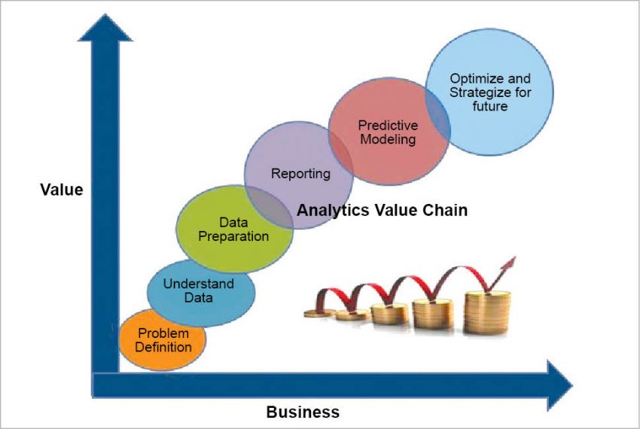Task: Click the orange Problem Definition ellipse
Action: pyautogui.click(x=162, y=340)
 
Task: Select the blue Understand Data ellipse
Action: pyautogui.click(x=200, y=291)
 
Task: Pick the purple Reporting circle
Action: pyautogui.click(x=300, y=174)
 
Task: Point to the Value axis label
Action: pyautogui.click(x=61, y=190)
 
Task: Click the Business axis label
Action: pyautogui.click(x=303, y=412)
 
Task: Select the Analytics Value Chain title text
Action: pyautogui.click(x=382, y=210)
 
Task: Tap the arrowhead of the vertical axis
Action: pyautogui.click(x=105, y=29)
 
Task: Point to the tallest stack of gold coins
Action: pyautogui.click(x=486, y=313)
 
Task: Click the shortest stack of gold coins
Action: pyautogui.click(x=319, y=312)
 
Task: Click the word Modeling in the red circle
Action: pyautogui.click(x=389, y=139)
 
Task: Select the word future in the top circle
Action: pyautogui.click(x=489, y=106)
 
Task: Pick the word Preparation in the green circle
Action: pyautogui.click(x=233, y=236)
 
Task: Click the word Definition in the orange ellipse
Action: pyautogui.click(x=162, y=347)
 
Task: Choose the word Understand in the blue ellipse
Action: pyautogui.click(x=199, y=284)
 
